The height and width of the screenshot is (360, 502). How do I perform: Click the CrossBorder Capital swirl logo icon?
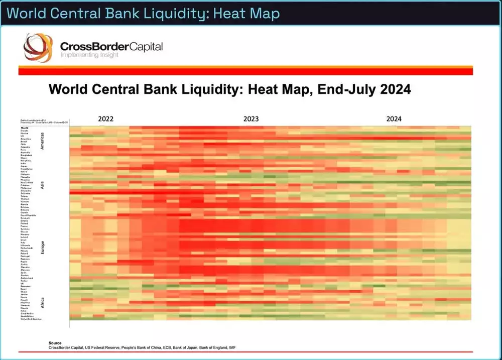[x=38, y=48]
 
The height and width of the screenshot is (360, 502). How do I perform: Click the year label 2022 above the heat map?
[x=105, y=119]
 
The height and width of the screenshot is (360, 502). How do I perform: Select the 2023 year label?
[x=251, y=119]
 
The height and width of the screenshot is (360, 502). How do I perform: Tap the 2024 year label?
[x=394, y=119]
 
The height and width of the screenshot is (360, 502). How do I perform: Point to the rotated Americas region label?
[x=43, y=141]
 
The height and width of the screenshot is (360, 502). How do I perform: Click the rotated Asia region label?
[x=43, y=184]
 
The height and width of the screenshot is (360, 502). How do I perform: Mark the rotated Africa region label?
[x=43, y=303]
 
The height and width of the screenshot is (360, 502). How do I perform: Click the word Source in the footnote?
[x=55, y=343]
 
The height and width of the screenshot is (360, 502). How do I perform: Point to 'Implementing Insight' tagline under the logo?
[x=89, y=54]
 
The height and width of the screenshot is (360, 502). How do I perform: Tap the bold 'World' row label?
[x=25, y=129]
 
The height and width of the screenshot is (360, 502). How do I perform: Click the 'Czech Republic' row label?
[x=28, y=214]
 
